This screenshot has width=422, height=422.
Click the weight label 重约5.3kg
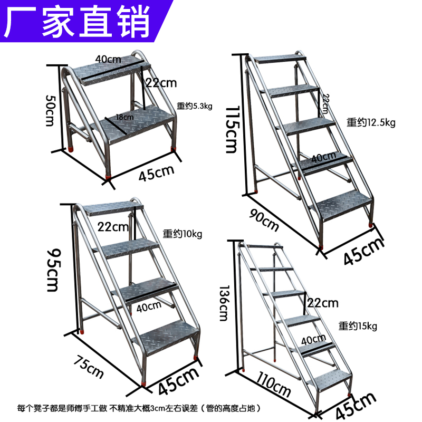(x=194, y=106)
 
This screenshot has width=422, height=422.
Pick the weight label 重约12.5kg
(x=371, y=122)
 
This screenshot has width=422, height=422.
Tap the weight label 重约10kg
(x=182, y=234)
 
